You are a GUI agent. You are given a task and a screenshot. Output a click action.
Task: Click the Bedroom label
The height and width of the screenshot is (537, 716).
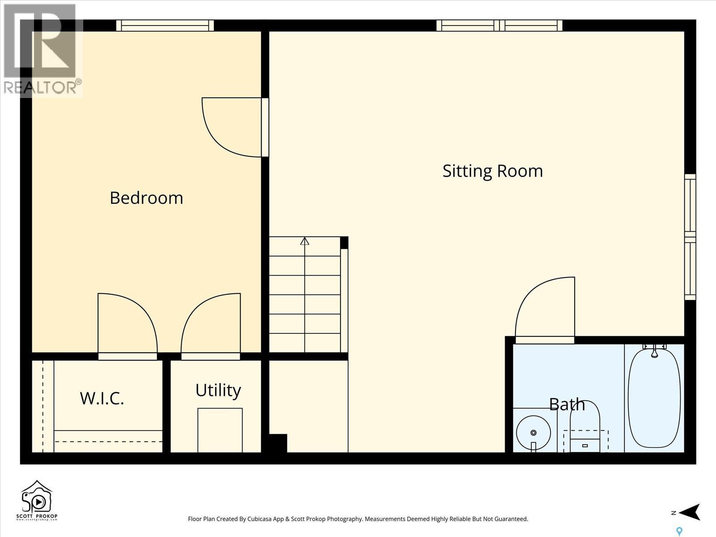point(146,198)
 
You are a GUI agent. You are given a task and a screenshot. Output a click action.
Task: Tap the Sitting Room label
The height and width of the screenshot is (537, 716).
point(492,171)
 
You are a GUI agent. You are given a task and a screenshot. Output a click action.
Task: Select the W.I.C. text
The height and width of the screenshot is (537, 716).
point(102,398)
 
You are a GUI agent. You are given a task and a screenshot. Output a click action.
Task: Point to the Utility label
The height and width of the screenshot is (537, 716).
point(218,390)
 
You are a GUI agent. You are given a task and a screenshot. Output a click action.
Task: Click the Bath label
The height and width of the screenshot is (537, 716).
point(567,404)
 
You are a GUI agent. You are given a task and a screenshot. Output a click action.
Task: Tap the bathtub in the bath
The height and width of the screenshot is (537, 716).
point(654,397)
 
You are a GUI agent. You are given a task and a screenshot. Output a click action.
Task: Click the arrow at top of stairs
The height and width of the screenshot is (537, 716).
point(305,241)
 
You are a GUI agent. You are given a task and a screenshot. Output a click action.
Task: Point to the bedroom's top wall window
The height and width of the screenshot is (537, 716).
point(165,26)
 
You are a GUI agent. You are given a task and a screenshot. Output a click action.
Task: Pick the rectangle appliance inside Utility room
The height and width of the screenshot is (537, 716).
point(220,430)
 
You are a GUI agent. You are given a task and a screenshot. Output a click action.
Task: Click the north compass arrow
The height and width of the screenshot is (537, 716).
point(689,512)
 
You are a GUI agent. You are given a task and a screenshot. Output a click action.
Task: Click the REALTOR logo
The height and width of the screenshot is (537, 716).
point(42,49)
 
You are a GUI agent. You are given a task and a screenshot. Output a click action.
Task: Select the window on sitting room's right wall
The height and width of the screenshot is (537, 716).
point(690,237)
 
